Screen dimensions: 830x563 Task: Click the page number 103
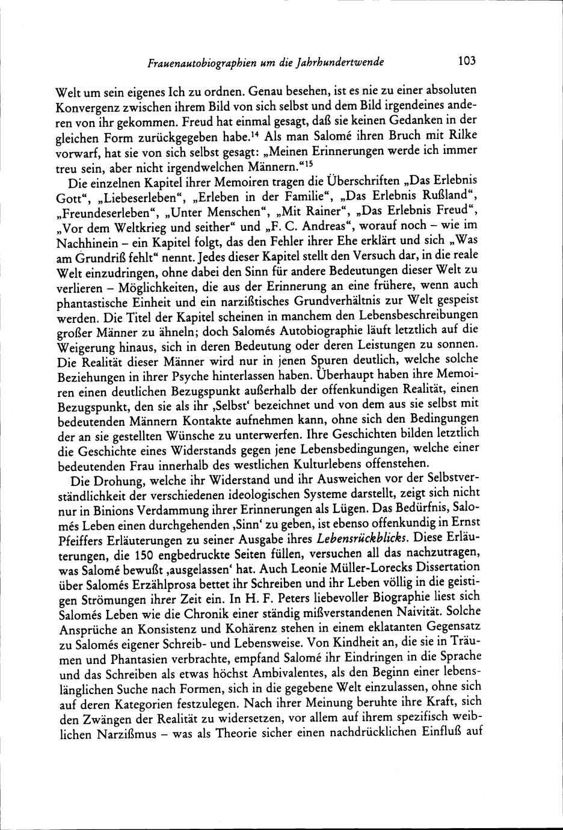pyautogui.click(x=466, y=61)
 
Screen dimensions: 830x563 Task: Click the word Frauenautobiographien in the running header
pyautogui.click(x=191, y=62)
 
